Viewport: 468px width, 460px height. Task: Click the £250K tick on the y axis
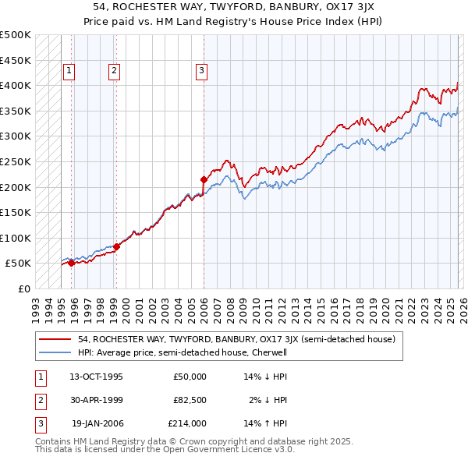(16, 161)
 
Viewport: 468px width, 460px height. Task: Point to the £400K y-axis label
(16, 85)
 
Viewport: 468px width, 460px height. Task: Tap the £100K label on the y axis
(16, 238)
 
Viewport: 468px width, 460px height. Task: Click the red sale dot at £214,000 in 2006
(204, 179)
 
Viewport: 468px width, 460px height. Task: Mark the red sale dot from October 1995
(71, 263)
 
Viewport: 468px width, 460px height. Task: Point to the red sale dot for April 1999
(116, 246)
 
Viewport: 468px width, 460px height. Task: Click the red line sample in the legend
(55, 340)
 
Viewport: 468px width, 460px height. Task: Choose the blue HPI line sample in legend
(55, 352)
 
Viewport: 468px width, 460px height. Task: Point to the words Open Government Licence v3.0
(233, 450)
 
